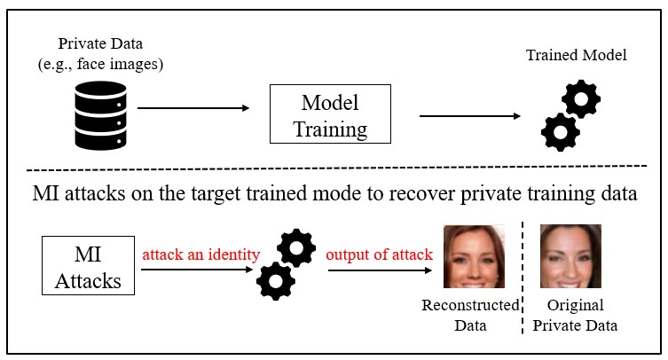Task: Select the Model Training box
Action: (330, 113)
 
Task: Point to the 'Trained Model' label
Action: (576, 56)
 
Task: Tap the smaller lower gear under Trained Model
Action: (560, 132)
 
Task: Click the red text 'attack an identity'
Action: (201, 254)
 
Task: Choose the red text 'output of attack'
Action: (379, 254)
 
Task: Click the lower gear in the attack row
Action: (274, 281)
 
